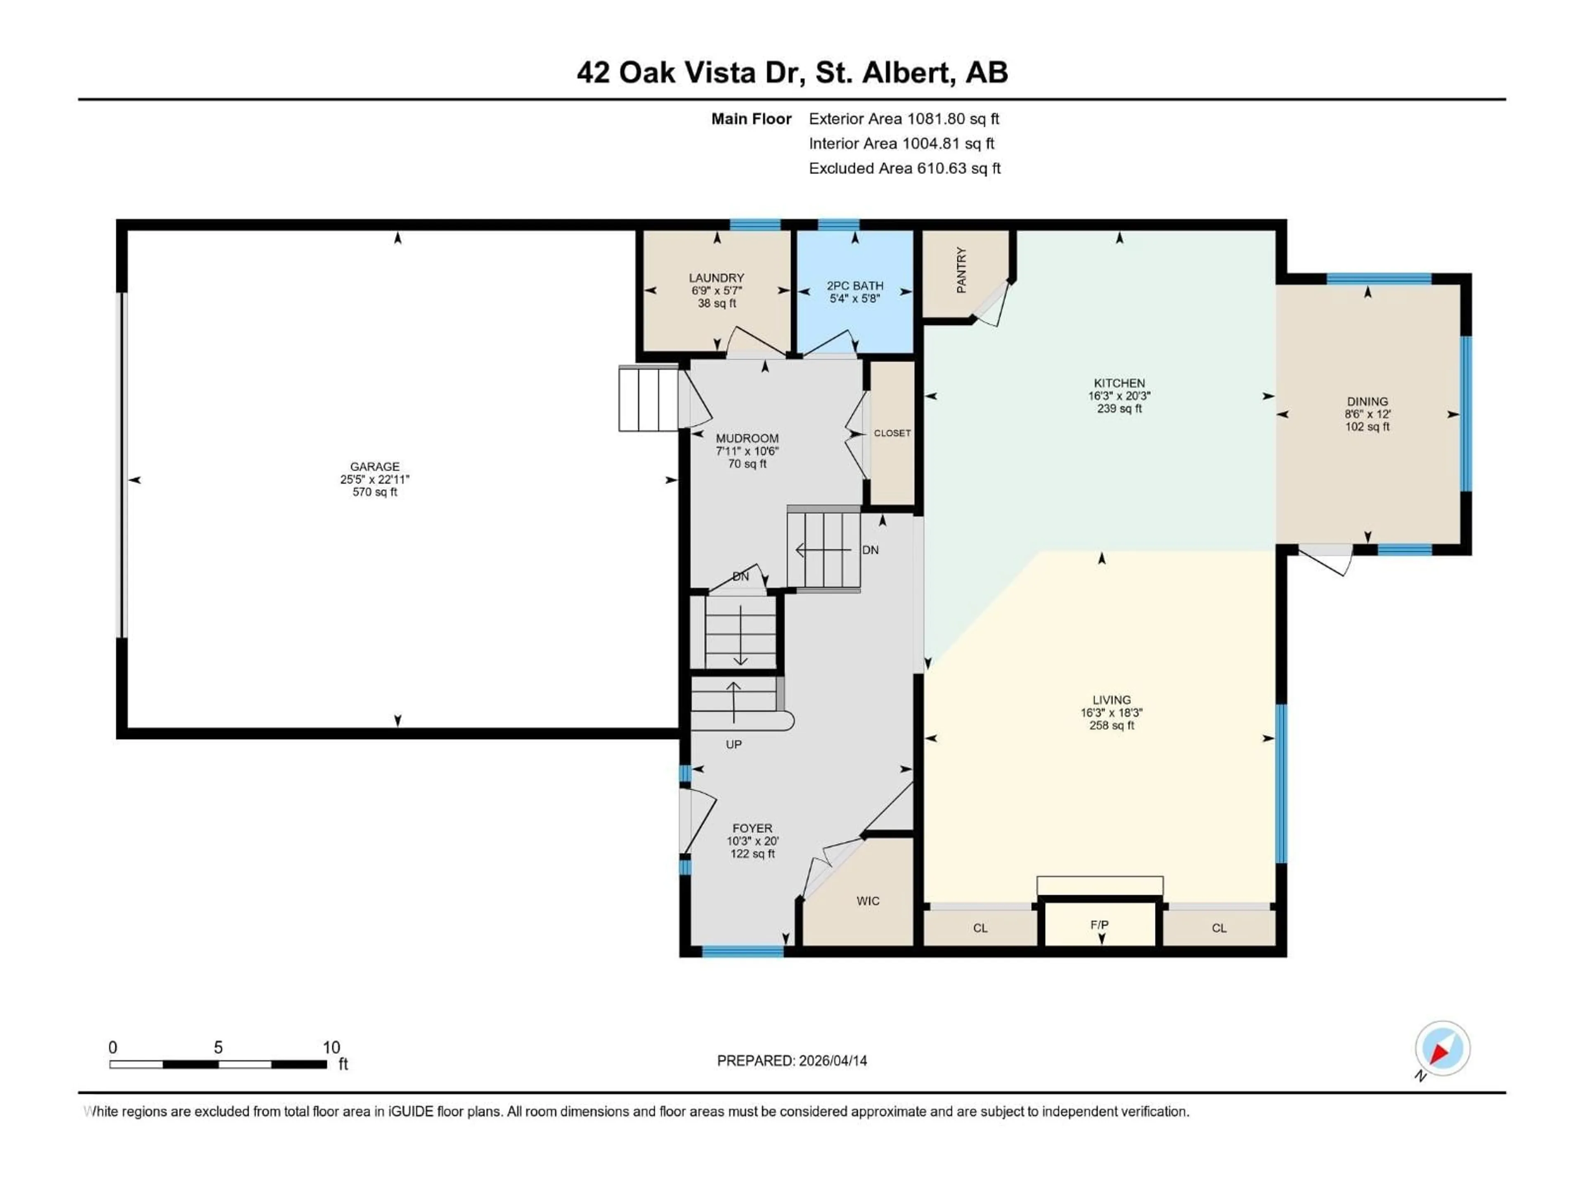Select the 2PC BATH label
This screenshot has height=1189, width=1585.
855,285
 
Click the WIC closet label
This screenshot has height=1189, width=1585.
868,901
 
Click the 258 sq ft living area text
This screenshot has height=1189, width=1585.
1112,725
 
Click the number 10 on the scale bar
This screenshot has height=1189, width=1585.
331,1047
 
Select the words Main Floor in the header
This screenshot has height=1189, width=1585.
751,119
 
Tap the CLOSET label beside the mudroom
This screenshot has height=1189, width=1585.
892,433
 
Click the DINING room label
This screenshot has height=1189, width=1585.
1367,401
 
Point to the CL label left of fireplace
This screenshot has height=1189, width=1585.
980,928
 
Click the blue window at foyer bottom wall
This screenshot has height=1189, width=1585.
742,951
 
